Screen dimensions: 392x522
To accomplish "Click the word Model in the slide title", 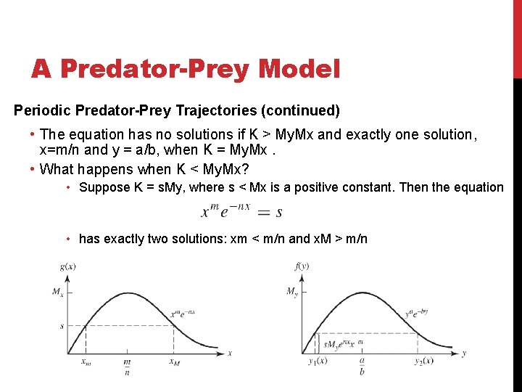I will pyautogui.click(x=299, y=69).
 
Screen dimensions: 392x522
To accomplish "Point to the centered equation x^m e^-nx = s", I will pyautogui.click(x=242, y=211).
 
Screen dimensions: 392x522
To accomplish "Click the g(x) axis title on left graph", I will pyautogui.click(x=69, y=266).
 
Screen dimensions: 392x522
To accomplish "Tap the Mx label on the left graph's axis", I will pyautogui.click(x=57, y=291).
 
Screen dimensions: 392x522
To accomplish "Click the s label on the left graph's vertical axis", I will pyautogui.click(x=62, y=326).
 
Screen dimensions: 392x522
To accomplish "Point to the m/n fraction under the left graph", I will pyautogui.click(x=128, y=367).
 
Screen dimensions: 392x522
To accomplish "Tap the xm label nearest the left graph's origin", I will pyautogui.click(x=86, y=362).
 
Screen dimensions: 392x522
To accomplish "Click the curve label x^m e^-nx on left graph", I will pyautogui.click(x=183, y=314).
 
